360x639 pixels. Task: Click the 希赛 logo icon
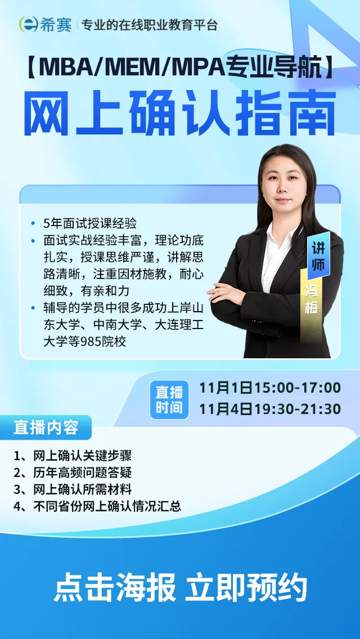pyautogui.click(x=29, y=24)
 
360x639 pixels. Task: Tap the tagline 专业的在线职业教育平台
pyautogui.click(x=149, y=25)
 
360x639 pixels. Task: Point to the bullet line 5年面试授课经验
pyautogui.click(x=90, y=223)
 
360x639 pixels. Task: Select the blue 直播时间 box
pyautogui.click(x=169, y=399)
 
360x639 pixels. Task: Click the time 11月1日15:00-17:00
pyautogui.click(x=270, y=388)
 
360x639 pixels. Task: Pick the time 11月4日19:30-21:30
pyautogui.click(x=270, y=409)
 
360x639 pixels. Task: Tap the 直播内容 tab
pyautogui.click(x=46, y=427)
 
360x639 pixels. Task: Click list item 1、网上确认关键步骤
pyautogui.click(x=73, y=456)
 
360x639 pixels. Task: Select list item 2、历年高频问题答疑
pyautogui.click(x=73, y=472)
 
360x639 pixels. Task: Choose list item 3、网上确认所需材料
pyautogui.click(x=73, y=489)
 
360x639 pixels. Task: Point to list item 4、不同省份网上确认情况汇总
pyautogui.click(x=97, y=506)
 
